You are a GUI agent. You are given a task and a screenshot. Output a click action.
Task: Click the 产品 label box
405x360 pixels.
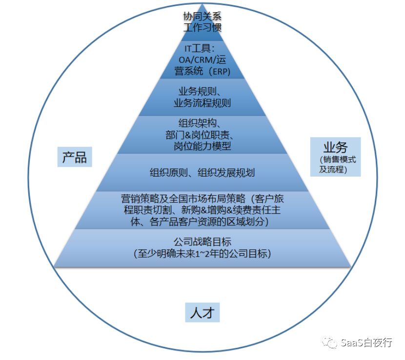pyautogui.click(x=75, y=157)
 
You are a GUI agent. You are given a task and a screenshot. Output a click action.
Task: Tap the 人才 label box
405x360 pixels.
pyautogui.click(x=202, y=312)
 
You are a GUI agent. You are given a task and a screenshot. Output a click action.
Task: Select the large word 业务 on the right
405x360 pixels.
pyautogui.click(x=335, y=147)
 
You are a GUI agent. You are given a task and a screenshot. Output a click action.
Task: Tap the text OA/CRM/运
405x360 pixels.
pyautogui.click(x=202, y=60)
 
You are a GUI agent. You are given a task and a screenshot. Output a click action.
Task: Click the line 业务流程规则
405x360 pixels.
pyautogui.click(x=202, y=103)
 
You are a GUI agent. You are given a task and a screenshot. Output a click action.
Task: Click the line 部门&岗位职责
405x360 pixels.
pyautogui.click(x=202, y=135)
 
